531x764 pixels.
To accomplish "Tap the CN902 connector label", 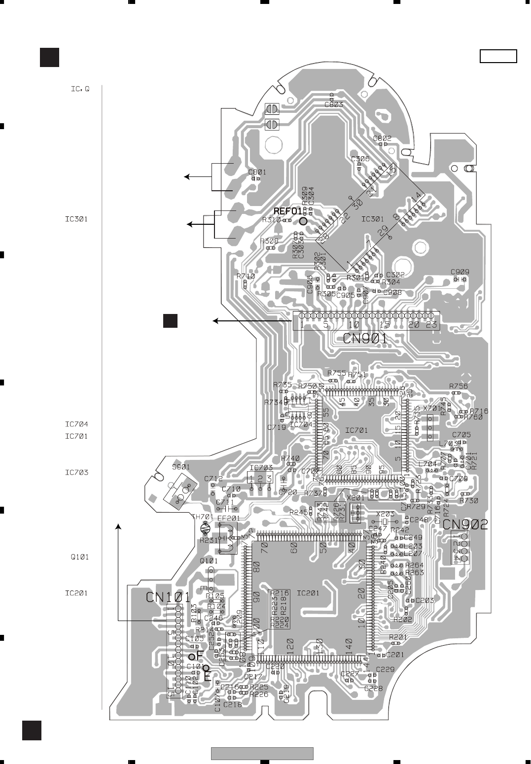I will point(465,524).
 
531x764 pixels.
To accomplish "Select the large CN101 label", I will point(168,597).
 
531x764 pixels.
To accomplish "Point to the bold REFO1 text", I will point(287,211).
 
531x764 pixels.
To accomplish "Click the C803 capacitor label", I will point(334,104).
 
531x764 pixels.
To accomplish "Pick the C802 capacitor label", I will point(382,139).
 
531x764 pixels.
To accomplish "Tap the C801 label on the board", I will point(257,172).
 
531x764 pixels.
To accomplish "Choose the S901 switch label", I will point(180,467).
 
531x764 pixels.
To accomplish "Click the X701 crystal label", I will point(432,409).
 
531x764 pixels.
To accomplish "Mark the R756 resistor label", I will point(459,386).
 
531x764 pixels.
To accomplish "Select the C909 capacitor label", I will point(460,272).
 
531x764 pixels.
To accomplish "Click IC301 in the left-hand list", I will point(76,219).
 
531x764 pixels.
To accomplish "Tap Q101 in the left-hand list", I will point(79,557).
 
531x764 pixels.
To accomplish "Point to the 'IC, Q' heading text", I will point(78,90).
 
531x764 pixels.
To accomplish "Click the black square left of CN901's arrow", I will point(171,320).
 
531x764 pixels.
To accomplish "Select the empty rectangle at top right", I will point(498,57).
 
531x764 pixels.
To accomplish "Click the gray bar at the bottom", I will point(262,754).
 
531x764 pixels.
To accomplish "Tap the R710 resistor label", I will point(246,277).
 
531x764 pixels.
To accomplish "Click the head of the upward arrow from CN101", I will point(118,527).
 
